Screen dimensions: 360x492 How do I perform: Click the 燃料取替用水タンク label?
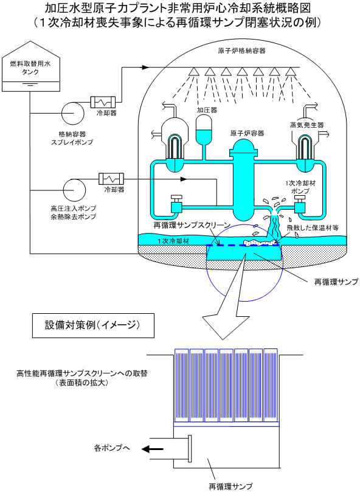click(x=30, y=68)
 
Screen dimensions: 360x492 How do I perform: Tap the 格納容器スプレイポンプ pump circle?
click(x=72, y=113)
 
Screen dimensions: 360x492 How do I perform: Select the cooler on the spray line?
click(x=103, y=102)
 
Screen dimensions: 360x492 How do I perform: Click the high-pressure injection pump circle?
click(x=74, y=190)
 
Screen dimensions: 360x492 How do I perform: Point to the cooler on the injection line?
click(x=111, y=179)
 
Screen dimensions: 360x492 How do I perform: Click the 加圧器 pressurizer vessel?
click(x=204, y=131)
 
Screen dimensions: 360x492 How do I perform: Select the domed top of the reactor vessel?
click(x=244, y=145)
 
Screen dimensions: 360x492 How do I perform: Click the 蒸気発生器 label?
click(x=306, y=125)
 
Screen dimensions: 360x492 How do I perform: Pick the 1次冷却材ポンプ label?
click(x=300, y=187)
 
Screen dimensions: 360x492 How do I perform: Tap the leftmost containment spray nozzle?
click(x=193, y=72)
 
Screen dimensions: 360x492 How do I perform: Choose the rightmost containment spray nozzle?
click(x=291, y=72)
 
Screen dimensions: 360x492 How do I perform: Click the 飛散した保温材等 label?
click(x=313, y=228)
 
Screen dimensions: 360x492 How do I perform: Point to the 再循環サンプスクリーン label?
click(x=192, y=225)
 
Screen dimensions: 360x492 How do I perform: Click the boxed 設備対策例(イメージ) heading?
click(x=93, y=325)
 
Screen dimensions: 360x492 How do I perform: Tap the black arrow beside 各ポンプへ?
click(x=153, y=449)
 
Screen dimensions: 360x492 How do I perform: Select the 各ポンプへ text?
click(x=112, y=448)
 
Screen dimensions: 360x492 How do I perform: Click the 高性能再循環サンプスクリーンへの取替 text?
click(x=82, y=373)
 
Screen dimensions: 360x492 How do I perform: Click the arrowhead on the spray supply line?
click(x=145, y=67)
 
